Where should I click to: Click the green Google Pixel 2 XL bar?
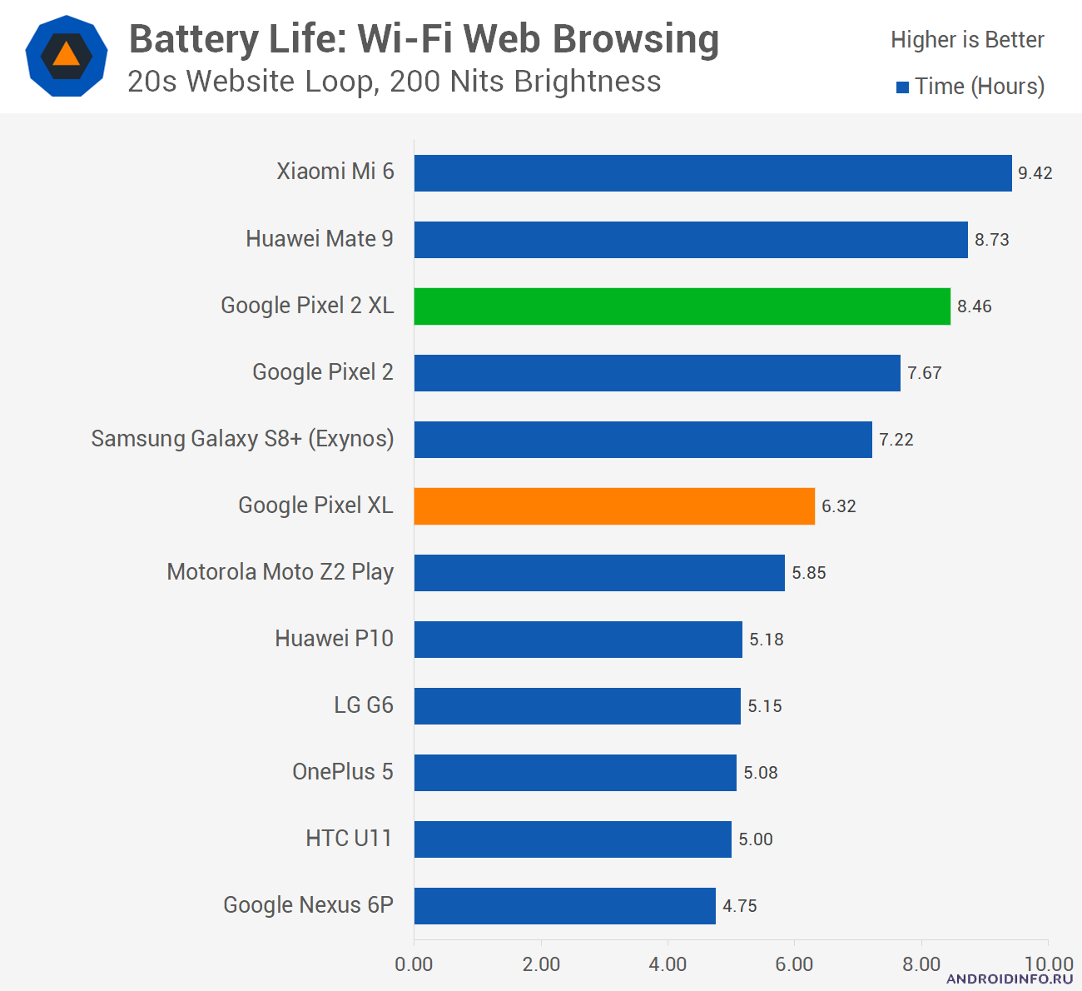[682, 306]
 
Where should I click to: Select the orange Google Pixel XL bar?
[614, 506]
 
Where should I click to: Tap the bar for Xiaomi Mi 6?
[712, 173]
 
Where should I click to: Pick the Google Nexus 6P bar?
[564, 906]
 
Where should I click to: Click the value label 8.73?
[991, 240]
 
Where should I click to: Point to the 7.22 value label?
[896, 440]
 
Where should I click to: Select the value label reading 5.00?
[755, 839]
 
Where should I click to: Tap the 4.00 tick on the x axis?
[668, 964]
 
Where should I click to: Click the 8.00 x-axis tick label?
[921, 964]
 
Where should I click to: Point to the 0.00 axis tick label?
[414, 964]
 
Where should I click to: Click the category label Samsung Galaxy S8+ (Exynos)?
[242, 439]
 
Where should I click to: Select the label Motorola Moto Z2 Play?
[280, 572]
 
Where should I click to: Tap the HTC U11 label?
[349, 839]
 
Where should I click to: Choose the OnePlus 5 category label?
[342, 772]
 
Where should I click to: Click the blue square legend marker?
[902, 87]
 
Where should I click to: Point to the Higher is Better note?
[967, 40]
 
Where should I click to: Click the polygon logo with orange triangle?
[67, 56]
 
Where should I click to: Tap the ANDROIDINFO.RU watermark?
[1010, 979]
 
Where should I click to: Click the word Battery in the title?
[195, 39]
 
